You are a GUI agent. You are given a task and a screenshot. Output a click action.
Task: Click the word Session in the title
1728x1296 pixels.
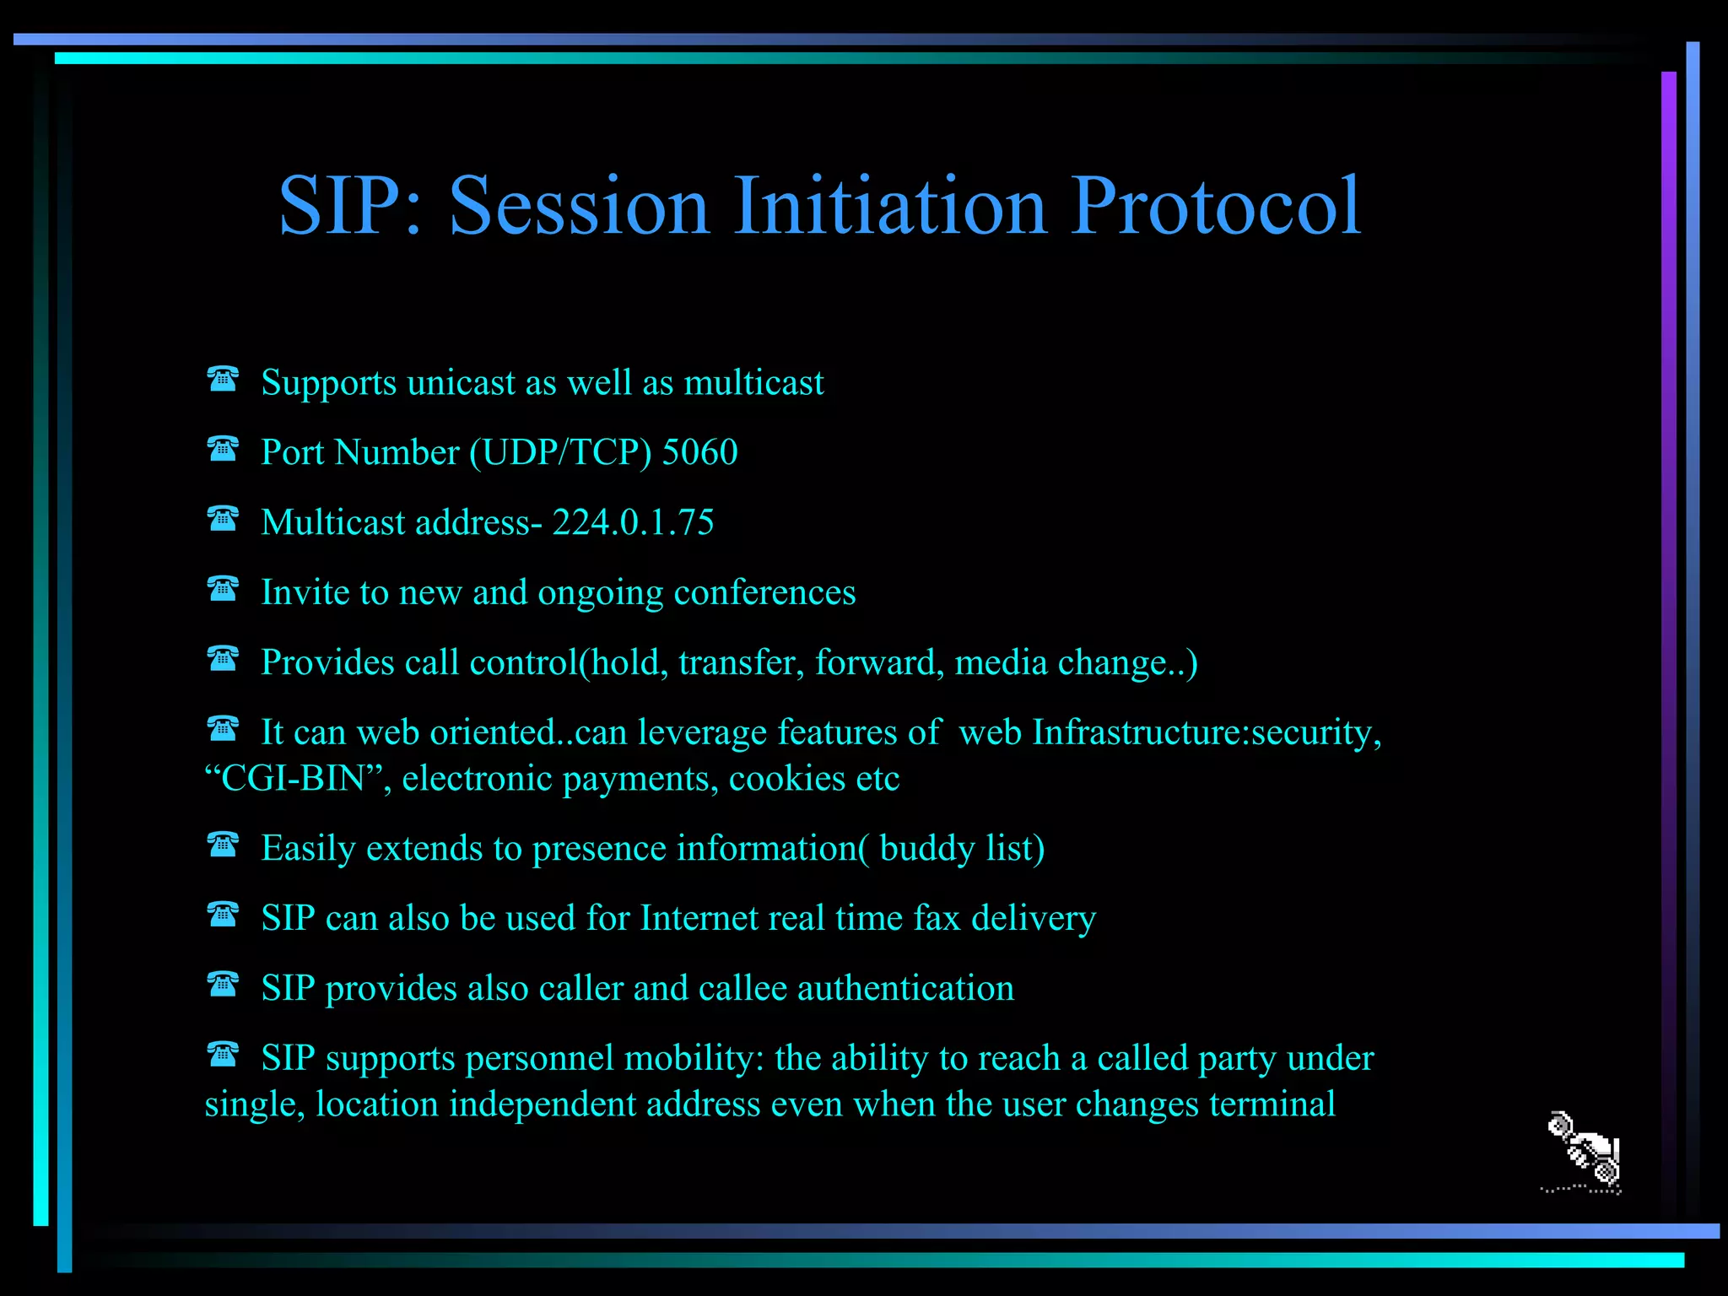tap(579, 207)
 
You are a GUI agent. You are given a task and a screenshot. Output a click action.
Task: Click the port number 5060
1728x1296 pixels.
tap(699, 453)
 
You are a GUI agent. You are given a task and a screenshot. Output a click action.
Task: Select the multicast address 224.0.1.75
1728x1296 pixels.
tap(633, 523)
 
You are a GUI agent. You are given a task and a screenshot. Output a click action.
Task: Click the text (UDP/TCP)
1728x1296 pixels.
tap(560, 453)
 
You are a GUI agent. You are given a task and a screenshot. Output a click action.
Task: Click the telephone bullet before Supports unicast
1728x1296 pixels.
tap(223, 380)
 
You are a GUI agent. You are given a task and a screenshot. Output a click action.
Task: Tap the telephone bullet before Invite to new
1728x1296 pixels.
tap(223, 589)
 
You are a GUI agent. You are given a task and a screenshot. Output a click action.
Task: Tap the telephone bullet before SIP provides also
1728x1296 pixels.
tap(223, 985)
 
